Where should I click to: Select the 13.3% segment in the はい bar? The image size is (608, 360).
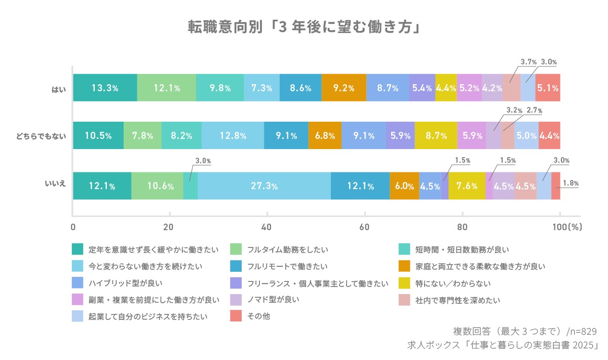(105, 88)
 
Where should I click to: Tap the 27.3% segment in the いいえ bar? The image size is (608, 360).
(264, 186)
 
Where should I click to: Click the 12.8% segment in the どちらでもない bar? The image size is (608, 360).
(233, 136)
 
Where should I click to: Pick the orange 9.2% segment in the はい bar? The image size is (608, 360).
(344, 88)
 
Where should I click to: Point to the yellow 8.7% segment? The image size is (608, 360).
(436, 136)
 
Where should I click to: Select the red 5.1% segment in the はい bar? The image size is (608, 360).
(548, 88)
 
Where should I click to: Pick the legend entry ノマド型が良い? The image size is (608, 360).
(273, 300)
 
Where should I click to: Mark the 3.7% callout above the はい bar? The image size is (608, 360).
(528, 62)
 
